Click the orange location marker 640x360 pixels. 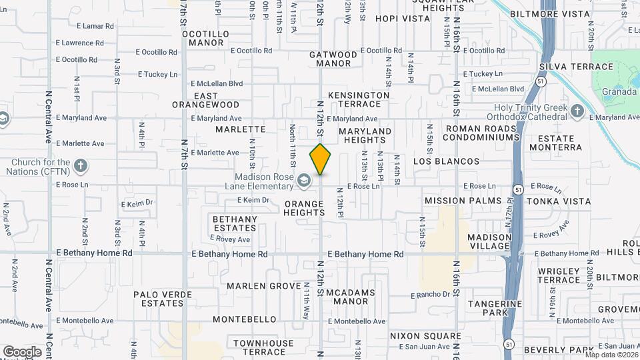pos(320,159)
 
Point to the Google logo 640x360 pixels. pos(22,351)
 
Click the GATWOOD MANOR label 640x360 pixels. pos(333,59)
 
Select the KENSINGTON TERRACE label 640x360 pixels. pos(359,99)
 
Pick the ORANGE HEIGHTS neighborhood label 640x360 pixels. pos(304,208)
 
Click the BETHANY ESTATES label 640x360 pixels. pos(235,223)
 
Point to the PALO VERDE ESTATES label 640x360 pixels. pos(158,298)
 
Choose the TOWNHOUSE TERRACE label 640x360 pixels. pos(263,347)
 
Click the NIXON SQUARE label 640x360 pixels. pos(425,335)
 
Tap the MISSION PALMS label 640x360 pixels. pos(463,200)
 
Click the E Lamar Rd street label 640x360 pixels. pos(95,26)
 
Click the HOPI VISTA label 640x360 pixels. pos(402,19)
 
